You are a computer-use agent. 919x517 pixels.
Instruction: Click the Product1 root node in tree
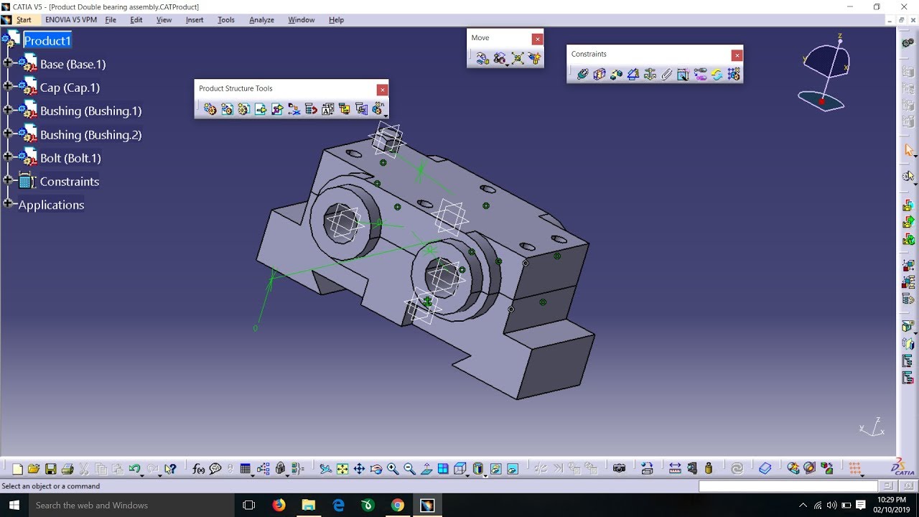[47, 41]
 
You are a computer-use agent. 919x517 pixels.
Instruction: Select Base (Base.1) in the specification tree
[73, 65]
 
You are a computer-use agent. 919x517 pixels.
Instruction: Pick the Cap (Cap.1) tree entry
[70, 88]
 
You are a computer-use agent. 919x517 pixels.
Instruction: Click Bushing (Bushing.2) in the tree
[90, 135]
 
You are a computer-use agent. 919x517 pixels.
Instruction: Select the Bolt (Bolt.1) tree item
[70, 158]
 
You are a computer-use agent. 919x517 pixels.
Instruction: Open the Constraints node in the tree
[69, 182]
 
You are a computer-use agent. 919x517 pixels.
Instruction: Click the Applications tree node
[51, 205]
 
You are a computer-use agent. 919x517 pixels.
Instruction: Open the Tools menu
[226, 20]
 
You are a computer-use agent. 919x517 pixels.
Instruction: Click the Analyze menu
[261, 20]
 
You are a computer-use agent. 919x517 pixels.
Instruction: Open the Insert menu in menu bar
[195, 20]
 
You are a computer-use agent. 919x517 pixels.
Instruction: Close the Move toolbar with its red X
[537, 38]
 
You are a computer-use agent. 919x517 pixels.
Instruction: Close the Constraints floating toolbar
[736, 55]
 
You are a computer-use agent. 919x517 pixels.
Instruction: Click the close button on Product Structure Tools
[383, 89]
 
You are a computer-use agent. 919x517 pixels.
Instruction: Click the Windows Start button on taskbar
[14, 505]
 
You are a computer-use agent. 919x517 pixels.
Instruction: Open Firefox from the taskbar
[279, 505]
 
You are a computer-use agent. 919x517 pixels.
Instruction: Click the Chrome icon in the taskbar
[397, 505]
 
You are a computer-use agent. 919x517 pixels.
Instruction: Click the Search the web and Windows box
[129, 505]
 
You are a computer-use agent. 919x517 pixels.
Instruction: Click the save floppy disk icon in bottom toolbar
[51, 469]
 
